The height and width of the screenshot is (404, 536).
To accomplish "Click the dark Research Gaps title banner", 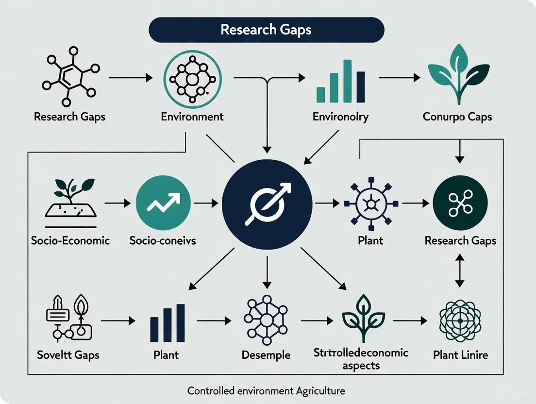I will pyautogui.click(x=266, y=30).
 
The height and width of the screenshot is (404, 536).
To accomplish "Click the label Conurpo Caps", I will pyautogui.click(x=457, y=117).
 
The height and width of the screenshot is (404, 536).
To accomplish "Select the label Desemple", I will pyautogui.click(x=266, y=355).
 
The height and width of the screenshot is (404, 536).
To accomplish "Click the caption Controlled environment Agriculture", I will pyautogui.click(x=267, y=390).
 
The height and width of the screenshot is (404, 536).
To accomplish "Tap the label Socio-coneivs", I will pyautogui.click(x=163, y=240).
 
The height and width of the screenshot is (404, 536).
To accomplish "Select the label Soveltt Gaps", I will pyautogui.click(x=68, y=355).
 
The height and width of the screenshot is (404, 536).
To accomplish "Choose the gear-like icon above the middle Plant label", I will pyautogui.click(x=370, y=204).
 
